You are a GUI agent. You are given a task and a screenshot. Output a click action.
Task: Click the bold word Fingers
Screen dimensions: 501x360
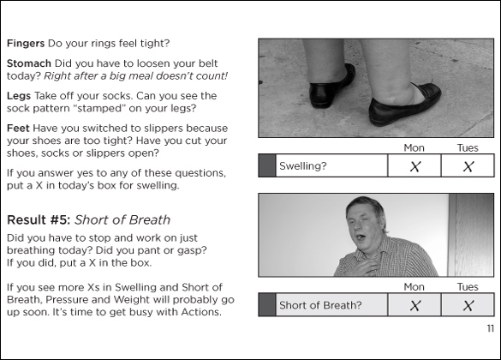pos(26,44)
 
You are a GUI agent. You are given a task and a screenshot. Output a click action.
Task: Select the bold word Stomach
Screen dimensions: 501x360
pos(29,63)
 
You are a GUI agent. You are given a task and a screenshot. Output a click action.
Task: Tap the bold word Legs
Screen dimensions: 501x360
pos(19,96)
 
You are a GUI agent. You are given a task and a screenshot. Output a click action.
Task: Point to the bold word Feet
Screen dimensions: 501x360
pos(18,129)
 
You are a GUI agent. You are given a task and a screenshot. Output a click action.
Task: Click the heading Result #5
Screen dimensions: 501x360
pos(39,220)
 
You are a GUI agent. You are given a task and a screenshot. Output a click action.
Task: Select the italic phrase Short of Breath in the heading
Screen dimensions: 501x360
pos(122,220)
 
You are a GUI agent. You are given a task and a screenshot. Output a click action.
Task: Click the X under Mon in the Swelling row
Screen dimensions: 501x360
pos(415,166)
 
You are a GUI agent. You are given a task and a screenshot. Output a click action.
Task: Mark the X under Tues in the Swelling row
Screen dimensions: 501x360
pos(468,166)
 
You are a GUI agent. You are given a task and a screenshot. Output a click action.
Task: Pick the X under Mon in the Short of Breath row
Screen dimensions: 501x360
pos(415,306)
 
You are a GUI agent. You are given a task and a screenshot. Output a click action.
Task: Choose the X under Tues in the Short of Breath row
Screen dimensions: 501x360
pos(468,306)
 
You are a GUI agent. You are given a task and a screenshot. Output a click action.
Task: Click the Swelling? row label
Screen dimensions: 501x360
pos(303,166)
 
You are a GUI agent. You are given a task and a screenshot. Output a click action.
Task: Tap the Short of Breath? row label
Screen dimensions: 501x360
pos(320,305)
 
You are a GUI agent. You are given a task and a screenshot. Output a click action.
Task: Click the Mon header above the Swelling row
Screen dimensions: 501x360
pos(415,148)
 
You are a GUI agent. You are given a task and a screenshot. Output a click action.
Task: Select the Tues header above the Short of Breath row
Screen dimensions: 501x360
pos(468,287)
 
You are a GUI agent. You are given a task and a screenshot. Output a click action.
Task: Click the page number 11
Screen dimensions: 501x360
pos(491,328)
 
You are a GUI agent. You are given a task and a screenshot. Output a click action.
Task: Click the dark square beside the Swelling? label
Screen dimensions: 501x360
pos(267,165)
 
